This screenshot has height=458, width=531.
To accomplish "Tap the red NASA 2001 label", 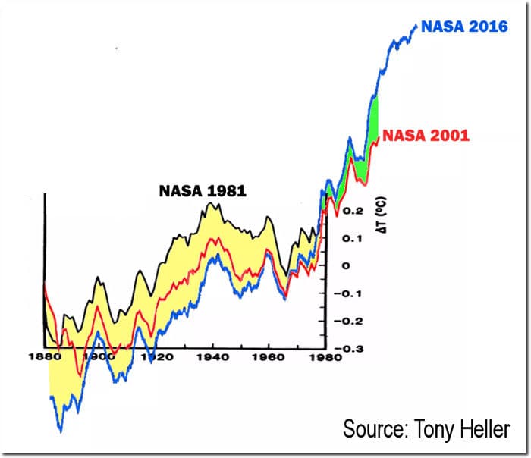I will (426, 136).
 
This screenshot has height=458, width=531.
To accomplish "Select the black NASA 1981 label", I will (203, 190).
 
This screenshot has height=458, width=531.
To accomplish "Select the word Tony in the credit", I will (435, 428).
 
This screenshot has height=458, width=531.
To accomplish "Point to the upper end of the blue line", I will (416, 26).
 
